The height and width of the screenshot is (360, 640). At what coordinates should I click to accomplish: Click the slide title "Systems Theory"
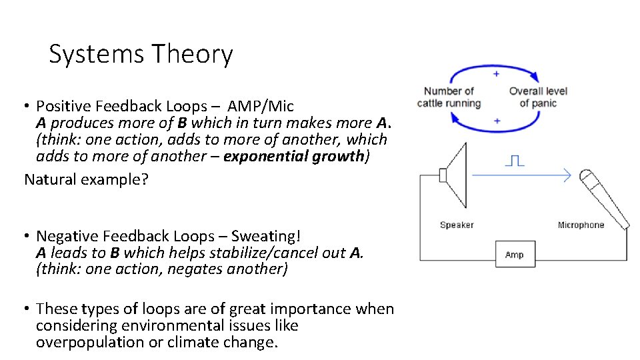(x=141, y=55)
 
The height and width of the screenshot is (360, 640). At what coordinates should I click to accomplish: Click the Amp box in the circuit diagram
(x=514, y=254)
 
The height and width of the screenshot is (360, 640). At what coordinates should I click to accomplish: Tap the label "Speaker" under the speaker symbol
(x=457, y=225)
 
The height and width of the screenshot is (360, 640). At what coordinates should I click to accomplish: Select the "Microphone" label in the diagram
(x=581, y=225)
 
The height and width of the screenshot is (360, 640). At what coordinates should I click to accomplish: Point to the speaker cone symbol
(x=455, y=175)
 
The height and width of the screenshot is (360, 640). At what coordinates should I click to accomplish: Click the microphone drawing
(x=603, y=197)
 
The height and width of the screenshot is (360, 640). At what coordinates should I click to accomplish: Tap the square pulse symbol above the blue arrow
(x=514, y=161)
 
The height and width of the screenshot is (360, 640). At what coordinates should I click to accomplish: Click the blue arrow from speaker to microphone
(x=520, y=175)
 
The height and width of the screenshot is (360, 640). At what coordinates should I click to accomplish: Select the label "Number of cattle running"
(x=449, y=97)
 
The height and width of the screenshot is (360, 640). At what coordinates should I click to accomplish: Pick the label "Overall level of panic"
(x=538, y=97)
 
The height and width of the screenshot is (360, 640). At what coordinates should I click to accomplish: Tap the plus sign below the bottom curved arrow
(x=497, y=121)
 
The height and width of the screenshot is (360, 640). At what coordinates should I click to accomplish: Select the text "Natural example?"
(x=87, y=179)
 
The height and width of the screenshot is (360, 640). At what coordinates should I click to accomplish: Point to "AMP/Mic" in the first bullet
(x=261, y=106)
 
